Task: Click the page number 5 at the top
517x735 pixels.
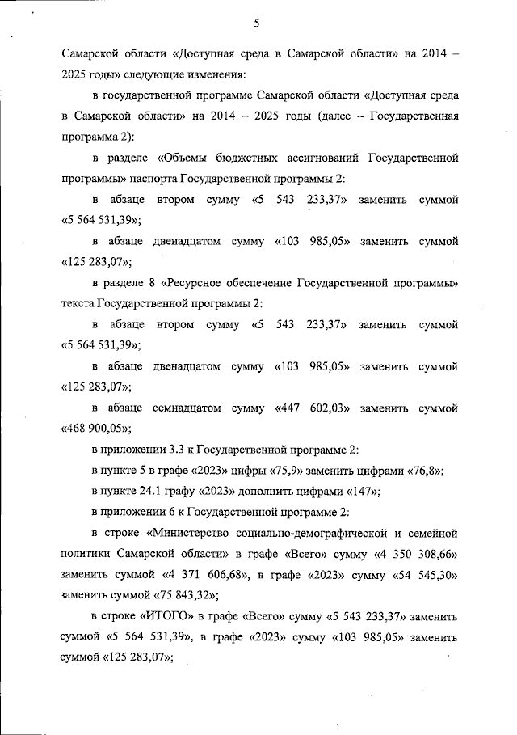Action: click(x=256, y=23)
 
